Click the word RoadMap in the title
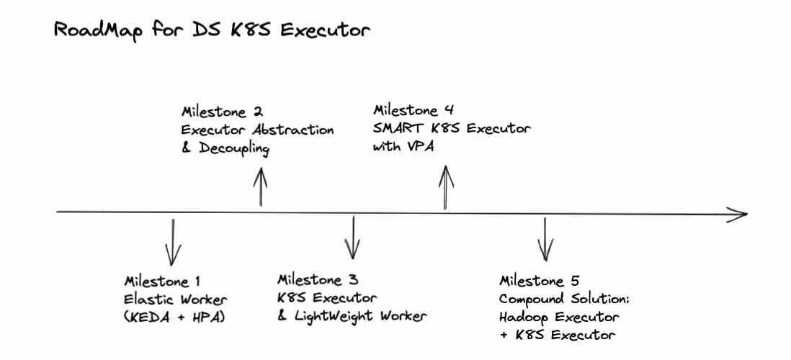pyautogui.click(x=93, y=33)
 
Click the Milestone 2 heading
pyautogui.click(x=222, y=112)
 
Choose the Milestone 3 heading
pyautogui.click(x=318, y=279)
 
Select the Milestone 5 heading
pyautogui.click(x=540, y=280)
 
